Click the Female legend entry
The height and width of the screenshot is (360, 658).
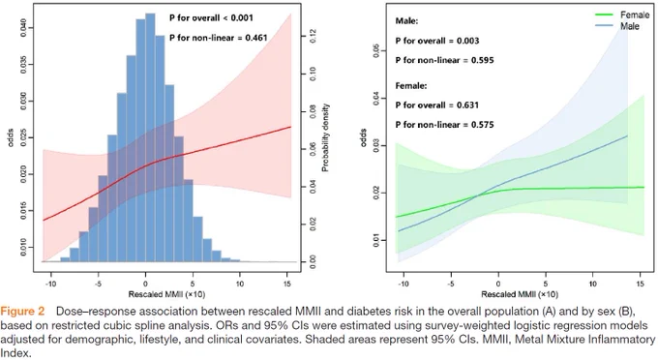622,15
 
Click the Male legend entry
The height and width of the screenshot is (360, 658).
617,26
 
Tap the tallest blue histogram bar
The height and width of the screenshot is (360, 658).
150,137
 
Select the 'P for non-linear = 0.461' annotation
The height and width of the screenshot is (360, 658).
219,38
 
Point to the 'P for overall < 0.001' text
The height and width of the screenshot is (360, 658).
211,18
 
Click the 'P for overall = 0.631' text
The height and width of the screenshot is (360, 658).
436,105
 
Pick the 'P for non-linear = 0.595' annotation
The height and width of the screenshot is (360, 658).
444,60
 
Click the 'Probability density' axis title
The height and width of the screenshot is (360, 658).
325,137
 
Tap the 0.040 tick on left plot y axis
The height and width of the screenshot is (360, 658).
23,28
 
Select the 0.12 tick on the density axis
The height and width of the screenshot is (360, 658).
313,37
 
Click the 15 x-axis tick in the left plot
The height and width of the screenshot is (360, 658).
287,285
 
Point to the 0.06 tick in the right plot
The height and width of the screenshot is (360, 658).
376,51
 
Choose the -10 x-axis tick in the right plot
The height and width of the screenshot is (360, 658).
403,285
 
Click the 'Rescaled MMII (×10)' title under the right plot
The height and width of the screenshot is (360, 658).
520,294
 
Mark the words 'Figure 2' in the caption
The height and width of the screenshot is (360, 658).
22,312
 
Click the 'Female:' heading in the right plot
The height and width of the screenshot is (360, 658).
411,85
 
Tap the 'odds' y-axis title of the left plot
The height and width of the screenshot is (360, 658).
11,137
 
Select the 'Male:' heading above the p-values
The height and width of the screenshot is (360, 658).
406,21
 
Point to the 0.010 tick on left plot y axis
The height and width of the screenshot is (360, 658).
23,247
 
